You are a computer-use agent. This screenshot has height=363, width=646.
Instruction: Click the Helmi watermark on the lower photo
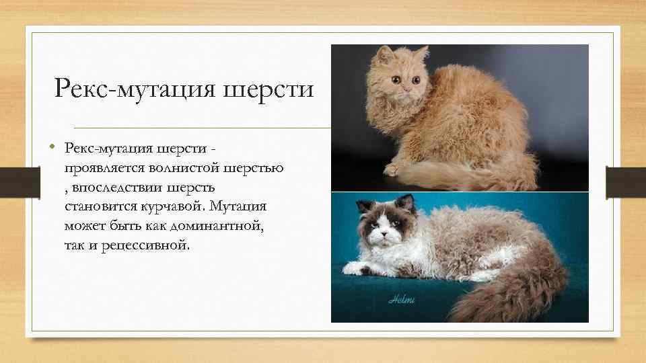coord(402,299)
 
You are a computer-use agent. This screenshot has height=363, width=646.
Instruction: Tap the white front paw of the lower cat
coord(355,270)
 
